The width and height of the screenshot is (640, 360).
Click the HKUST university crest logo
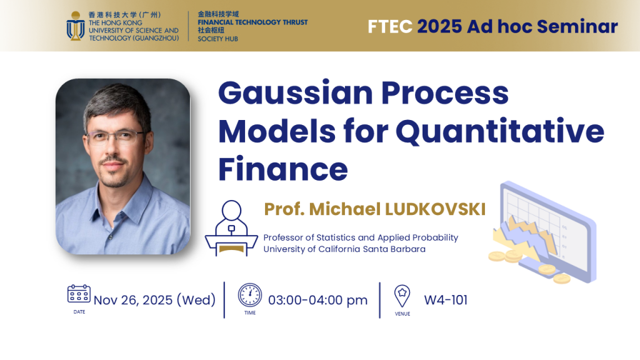(x=76, y=26)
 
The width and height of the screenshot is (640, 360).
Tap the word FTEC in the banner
(x=390, y=26)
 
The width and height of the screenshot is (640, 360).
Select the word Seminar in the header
(x=577, y=26)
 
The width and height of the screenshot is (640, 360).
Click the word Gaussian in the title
(x=296, y=93)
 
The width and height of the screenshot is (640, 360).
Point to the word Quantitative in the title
(x=500, y=132)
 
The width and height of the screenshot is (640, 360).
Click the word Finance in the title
(x=283, y=169)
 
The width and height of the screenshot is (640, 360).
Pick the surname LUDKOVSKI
(x=435, y=209)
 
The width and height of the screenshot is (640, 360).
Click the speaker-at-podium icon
(x=231, y=228)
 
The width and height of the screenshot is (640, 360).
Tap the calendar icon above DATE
(x=79, y=294)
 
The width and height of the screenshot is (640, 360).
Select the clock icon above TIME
(x=250, y=295)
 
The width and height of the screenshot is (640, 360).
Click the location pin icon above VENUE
(x=402, y=296)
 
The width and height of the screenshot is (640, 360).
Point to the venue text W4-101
(x=446, y=300)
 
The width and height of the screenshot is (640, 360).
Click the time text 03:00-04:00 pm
(x=317, y=300)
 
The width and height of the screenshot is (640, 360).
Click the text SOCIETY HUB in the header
(x=217, y=39)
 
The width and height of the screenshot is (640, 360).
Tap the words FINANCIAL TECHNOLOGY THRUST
(x=252, y=22)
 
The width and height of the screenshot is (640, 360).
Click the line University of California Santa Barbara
(x=344, y=249)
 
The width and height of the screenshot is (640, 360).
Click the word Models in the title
(x=277, y=131)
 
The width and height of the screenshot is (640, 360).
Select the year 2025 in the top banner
(x=439, y=26)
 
